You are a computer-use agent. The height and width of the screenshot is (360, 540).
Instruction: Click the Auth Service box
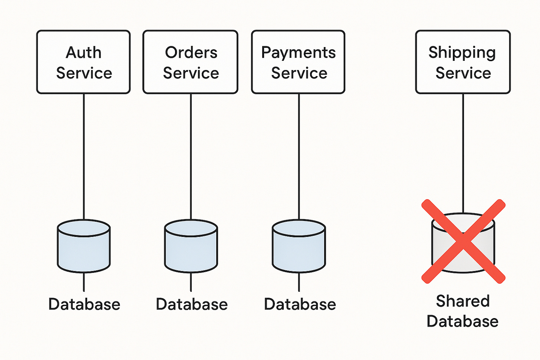point(83,62)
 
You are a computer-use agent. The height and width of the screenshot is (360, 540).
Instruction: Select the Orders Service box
point(190,62)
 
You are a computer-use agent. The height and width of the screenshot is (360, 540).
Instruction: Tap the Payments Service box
point(298,62)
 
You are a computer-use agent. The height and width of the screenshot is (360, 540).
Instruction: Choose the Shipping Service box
point(463,62)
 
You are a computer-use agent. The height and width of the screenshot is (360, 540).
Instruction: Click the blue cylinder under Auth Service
point(84,247)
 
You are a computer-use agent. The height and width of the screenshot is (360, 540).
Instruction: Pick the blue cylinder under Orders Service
point(191,247)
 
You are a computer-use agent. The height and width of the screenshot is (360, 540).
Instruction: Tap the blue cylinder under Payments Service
point(299,247)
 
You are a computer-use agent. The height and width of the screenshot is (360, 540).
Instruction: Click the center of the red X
point(464,241)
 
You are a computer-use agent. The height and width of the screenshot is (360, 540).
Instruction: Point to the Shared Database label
point(462,311)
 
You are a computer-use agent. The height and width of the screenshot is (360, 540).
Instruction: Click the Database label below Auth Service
point(84,304)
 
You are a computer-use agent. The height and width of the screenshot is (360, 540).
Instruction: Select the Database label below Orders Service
point(192,304)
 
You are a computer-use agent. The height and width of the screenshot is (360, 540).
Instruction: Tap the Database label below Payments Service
point(300,304)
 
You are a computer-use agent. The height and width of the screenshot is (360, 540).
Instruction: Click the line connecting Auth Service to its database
point(84,156)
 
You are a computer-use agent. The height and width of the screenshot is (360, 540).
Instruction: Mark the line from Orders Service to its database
point(191,156)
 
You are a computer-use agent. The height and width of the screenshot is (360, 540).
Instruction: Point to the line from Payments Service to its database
point(299,156)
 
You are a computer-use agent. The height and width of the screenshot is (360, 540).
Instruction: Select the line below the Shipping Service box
point(463,148)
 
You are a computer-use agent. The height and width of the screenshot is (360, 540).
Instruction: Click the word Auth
point(83,52)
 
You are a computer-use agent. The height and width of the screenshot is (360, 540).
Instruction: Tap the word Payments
point(298,53)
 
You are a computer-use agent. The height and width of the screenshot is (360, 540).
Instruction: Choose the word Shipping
point(462,53)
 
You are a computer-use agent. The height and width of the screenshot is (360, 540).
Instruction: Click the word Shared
point(462,301)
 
